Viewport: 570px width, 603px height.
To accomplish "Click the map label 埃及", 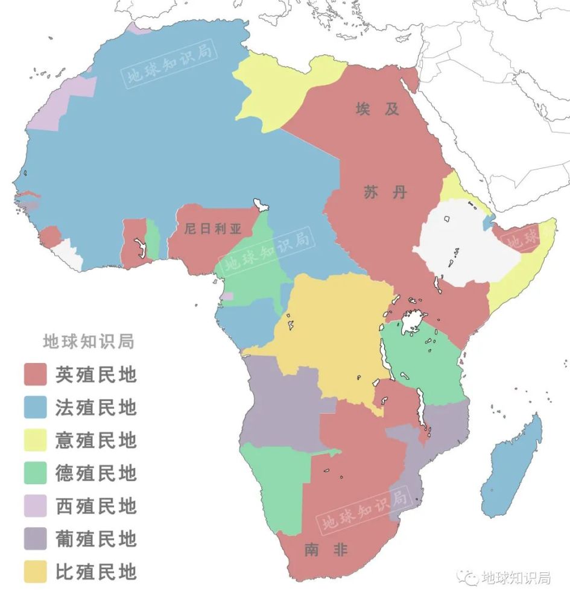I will [x=378, y=109].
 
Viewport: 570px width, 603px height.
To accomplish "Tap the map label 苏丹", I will [x=385, y=192].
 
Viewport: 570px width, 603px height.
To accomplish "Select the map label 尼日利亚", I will [x=212, y=230].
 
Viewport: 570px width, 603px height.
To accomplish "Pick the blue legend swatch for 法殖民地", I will [x=35, y=408].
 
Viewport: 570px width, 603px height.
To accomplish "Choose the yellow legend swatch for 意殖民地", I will [x=35, y=440].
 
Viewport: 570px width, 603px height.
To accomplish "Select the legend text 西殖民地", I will [x=96, y=506].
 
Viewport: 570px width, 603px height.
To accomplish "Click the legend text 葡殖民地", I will [x=96, y=538].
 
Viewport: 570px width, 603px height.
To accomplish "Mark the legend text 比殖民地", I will [x=96, y=571].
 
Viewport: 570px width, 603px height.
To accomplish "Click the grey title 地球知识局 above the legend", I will [x=88, y=341].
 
